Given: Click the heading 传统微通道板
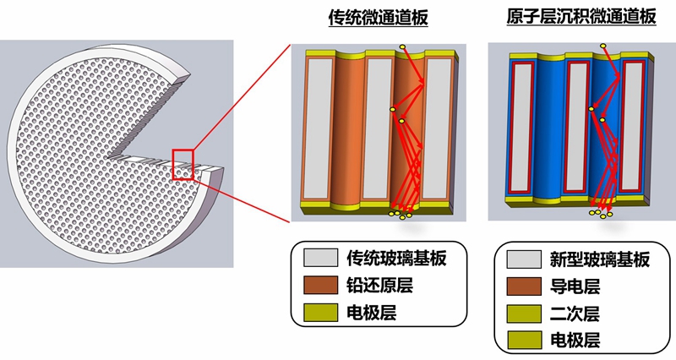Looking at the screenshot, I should tap(379, 17).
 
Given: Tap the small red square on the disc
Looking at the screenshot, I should tap(183, 164).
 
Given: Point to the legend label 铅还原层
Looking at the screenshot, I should tap(379, 286).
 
